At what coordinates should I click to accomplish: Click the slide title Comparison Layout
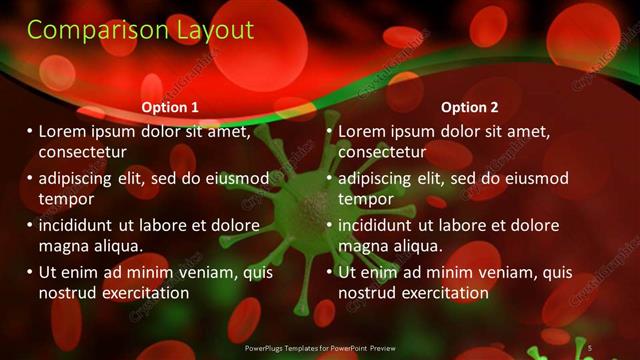tap(140, 30)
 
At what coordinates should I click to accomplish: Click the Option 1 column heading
tap(170, 107)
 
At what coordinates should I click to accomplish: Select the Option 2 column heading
tap(470, 107)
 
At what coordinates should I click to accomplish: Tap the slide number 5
tap(590, 347)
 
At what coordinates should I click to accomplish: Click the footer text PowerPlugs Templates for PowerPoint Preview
tap(321, 347)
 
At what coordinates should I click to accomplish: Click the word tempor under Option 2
tap(366, 199)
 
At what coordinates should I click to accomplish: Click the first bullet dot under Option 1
tap(29, 131)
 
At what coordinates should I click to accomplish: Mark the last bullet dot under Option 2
tap(329, 272)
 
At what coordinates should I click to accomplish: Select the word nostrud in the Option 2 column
tap(367, 293)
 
